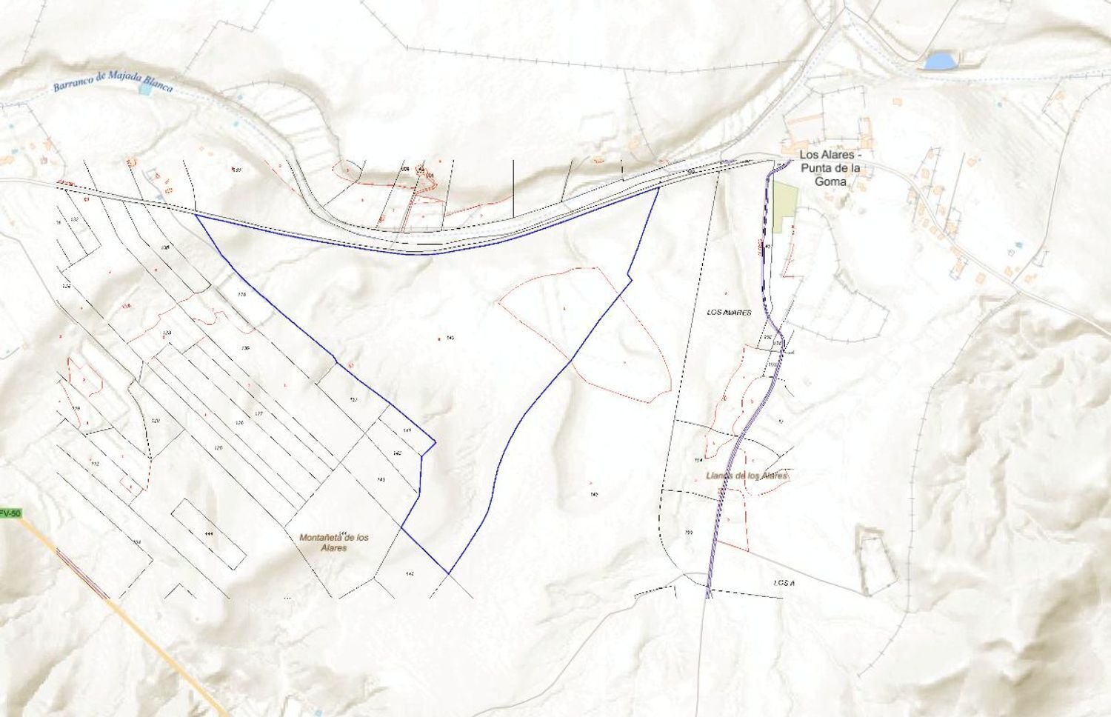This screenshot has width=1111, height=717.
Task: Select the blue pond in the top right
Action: click(938, 60)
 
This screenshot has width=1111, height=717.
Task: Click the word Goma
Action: click(830, 180)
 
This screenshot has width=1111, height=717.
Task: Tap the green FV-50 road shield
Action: click(9, 513)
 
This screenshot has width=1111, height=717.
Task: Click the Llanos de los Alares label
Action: click(747, 476)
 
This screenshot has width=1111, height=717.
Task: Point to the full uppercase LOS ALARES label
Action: click(729, 313)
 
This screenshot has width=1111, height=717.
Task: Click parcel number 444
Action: click(210, 533)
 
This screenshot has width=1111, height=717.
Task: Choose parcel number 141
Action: click(407, 430)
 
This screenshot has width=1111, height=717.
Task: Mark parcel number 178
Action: click(241, 295)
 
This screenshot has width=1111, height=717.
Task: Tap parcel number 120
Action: click(156, 421)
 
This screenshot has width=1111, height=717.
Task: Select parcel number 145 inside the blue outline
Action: click(450, 338)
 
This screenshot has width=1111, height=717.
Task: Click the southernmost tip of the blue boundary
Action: click(449, 573)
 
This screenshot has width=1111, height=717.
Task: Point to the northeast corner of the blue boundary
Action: click(658, 188)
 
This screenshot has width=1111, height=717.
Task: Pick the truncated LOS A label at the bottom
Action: click(784, 584)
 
